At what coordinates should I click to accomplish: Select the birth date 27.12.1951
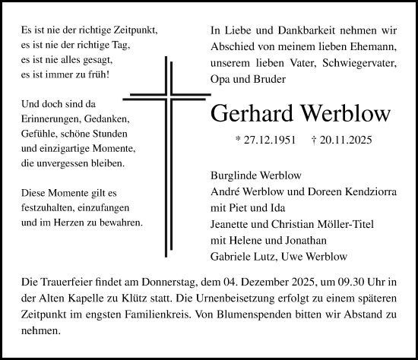[264, 141]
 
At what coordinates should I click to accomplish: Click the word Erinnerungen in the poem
[52, 118]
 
